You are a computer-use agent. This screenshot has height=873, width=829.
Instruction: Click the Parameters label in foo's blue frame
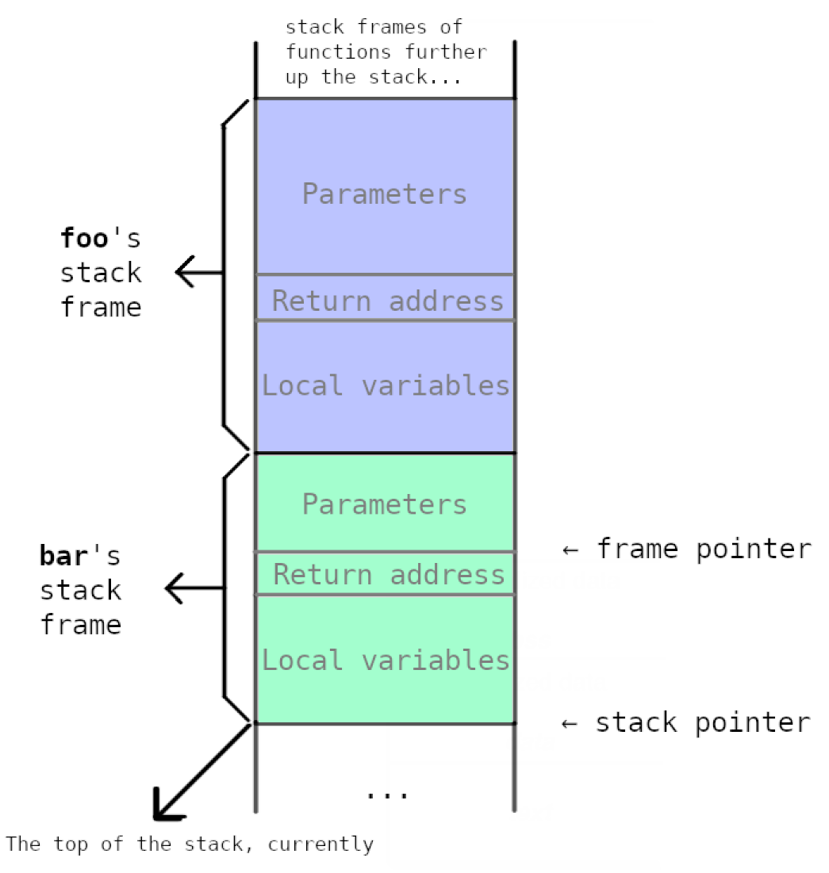click(x=384, y=194)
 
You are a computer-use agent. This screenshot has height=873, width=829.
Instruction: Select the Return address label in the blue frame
click(x=387, y=301)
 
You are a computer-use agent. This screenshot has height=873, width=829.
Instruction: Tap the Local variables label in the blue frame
click(x=386, y=385)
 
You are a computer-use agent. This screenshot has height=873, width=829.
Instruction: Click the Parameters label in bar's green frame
click(x=384, y=504)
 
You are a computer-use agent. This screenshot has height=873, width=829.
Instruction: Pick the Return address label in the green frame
click(x=389, y=575)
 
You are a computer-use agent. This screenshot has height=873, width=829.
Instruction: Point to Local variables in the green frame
click(x=386, y=660)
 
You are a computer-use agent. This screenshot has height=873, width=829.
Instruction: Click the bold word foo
click(x=84, y=238)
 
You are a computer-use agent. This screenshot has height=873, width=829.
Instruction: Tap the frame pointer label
click(x=704, y=549)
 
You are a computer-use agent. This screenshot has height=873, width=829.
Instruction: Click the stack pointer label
click(x=703, y=722)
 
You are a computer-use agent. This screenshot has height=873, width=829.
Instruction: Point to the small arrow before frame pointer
click(x=570, y=549)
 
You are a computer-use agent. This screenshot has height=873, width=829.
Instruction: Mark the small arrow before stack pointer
click(x=570, y=723)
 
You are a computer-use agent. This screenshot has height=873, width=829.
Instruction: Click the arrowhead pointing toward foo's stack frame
click(x=186, y=273)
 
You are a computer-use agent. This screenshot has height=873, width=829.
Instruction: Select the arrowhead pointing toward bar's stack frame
click(x=175, y=588)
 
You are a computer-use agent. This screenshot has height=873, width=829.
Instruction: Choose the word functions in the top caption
click(x=338, y=52)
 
